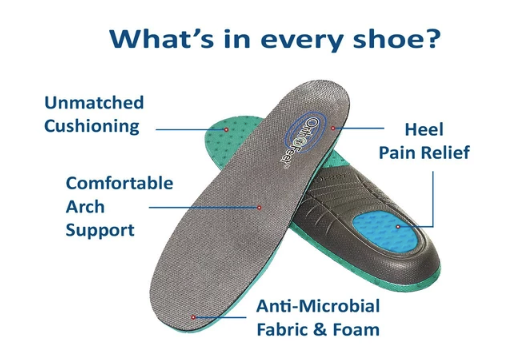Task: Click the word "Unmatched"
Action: tap(94, 103)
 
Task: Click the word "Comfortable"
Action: tap(119, 184)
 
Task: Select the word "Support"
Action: tap(99, 230)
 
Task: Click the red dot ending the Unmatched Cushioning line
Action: tap(227, 129)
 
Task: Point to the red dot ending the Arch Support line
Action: tap(259, 208)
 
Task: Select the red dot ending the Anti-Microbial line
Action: tap(195, 316)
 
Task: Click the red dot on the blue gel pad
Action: tap(397, 227)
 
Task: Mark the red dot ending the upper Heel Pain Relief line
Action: tap(334, 130)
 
